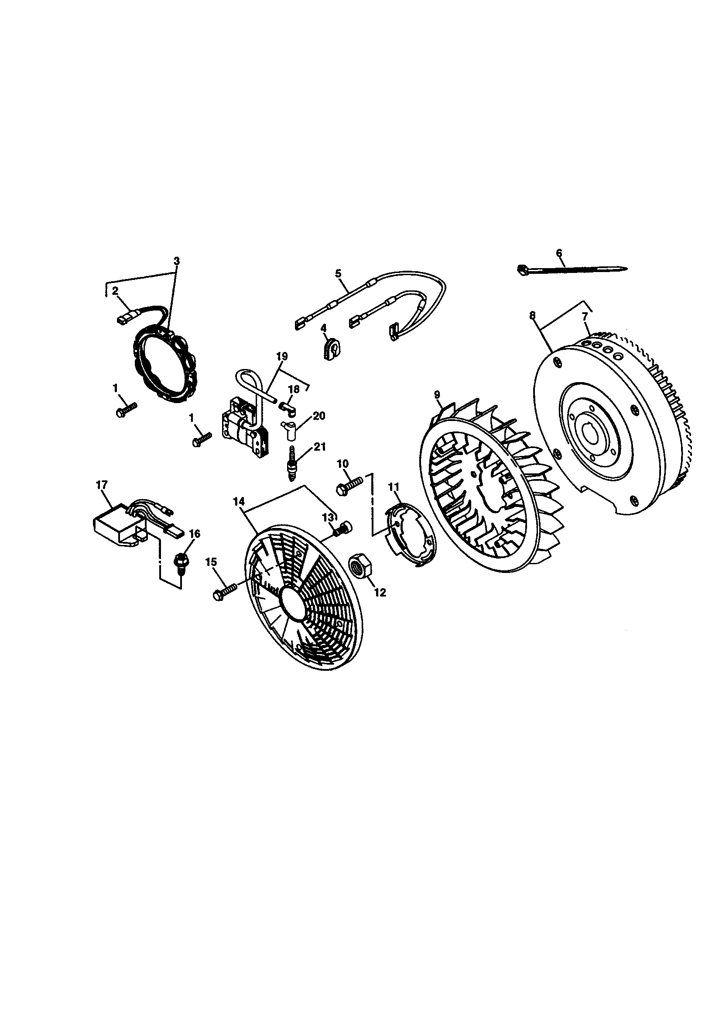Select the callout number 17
click(102, 485)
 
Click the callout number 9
click(437, 394)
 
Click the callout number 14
click(239, 501)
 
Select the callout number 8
click(533, 316)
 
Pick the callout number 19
click(282, 356)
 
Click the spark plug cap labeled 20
click(288, 429)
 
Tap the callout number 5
click(338, 273)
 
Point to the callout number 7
click(585, 317)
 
